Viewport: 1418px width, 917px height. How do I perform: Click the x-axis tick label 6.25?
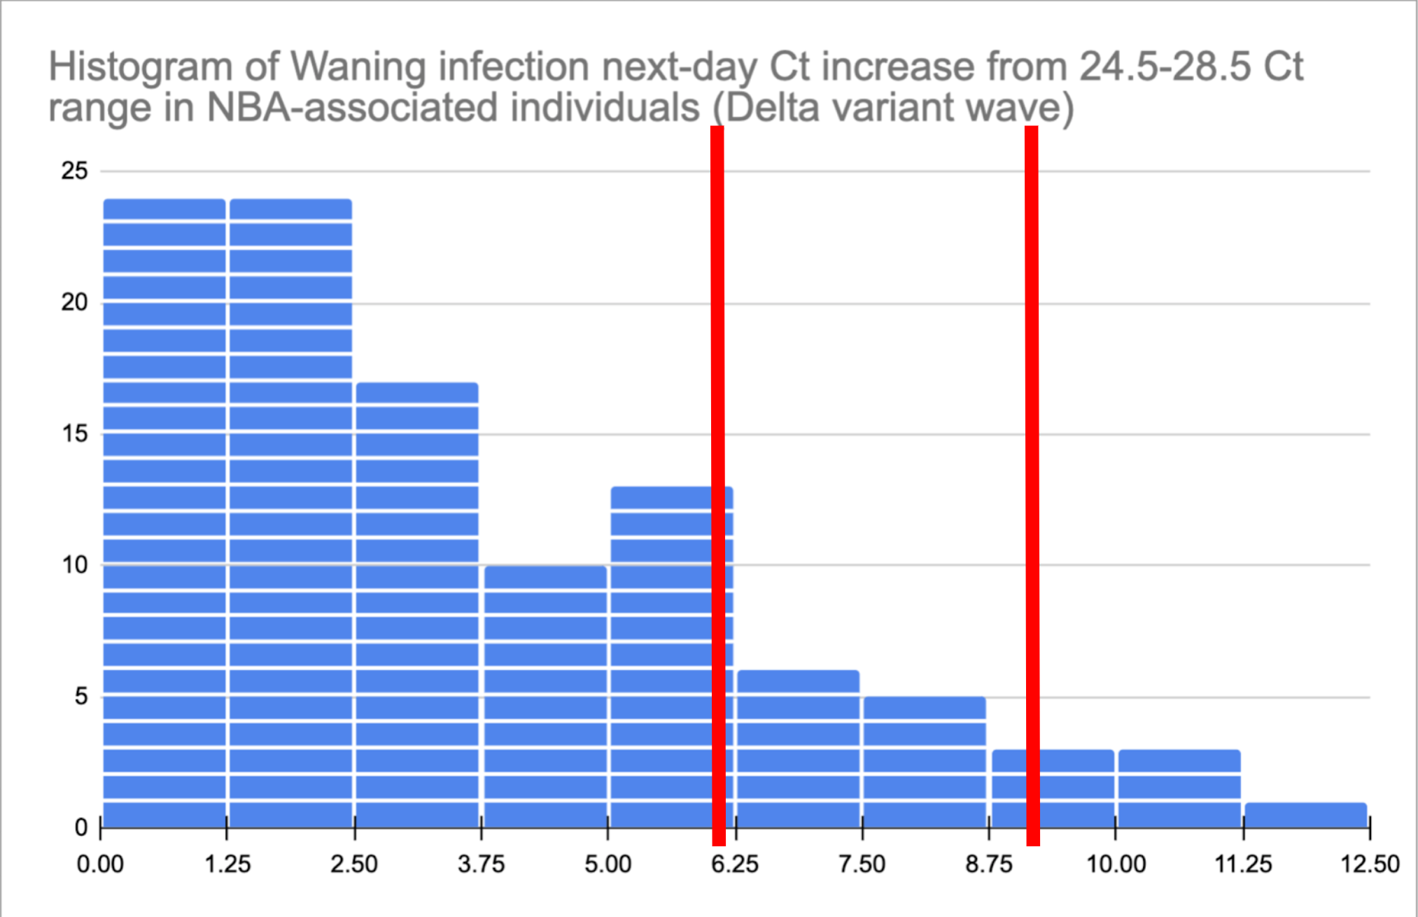tap(735, 864)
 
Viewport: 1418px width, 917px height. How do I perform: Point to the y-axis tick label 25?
tap(75, 171)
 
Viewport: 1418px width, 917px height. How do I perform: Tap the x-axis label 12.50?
tap(1370, 864)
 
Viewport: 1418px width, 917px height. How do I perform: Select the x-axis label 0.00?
tap(100, 864)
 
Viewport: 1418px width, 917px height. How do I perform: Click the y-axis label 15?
tap(75, 434)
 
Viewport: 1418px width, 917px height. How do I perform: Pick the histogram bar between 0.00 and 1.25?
tap(164, 513)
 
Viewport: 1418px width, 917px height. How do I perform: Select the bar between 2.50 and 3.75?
tap(417, 605)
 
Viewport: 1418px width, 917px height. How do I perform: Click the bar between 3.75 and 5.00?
tap(545, 696)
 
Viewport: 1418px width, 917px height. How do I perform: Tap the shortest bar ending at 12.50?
tap(1306, 815)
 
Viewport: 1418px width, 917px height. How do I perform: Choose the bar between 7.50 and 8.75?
tap(925, 762)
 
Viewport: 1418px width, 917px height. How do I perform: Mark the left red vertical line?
tap(717, 486)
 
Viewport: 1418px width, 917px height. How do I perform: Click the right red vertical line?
tap(1032, 486)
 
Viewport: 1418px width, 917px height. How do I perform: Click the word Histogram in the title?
tap(140, 69)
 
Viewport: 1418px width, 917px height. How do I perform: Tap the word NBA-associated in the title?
tap(453, 108)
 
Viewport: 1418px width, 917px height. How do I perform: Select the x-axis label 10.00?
tap(1116, 864)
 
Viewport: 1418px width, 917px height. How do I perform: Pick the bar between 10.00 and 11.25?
tap(1179, 788)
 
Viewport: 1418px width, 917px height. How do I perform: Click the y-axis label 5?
tap(82, 696)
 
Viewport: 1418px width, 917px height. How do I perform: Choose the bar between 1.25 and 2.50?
tap(290, 513)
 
